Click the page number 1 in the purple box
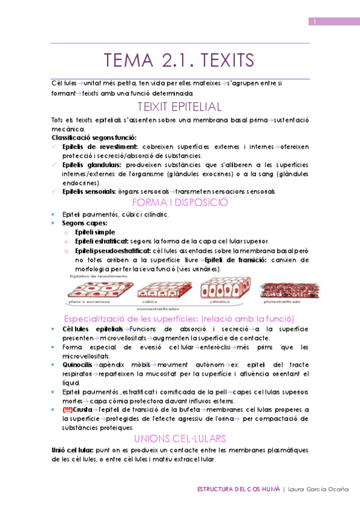pyautogui.click(x=315, y=22)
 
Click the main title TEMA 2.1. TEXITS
pyautogui.click(x=179, y=61)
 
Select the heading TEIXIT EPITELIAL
pyautogui.click(x=180, y=107)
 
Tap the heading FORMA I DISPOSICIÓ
pyautogui.click(x=180, y=202)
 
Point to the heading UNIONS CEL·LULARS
pyautogui.click(x=180, y=438)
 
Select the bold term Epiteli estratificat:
pyautogui.click(x=102, y=241)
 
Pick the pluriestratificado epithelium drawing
pyautogui.click(x=285, y=289)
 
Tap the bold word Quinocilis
pyautogui.click(x=77, y=365)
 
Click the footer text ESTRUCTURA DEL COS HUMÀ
pyautogui.click(x=239, y=490)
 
